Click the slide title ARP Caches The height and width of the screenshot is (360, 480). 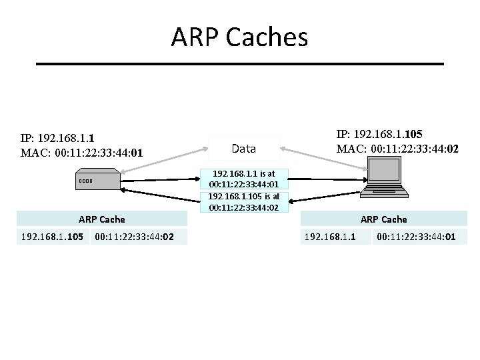(239, 37)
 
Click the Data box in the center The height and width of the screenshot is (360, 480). (244, 148)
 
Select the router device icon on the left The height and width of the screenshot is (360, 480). (96, 181)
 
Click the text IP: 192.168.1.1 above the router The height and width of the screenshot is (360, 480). (57, 139)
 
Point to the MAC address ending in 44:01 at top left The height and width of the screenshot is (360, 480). (81, 154)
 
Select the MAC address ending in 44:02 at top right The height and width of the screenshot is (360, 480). (397, 149)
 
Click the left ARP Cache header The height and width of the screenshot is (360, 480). (101, 219)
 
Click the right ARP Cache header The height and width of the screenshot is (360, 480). (383, 219)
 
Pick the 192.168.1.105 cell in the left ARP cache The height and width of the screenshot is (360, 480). (52, 236)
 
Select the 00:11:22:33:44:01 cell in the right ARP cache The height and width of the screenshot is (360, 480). (416, 236)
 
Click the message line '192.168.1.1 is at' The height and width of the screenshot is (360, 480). (244, 173)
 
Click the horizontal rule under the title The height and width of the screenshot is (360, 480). (239, 64)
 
